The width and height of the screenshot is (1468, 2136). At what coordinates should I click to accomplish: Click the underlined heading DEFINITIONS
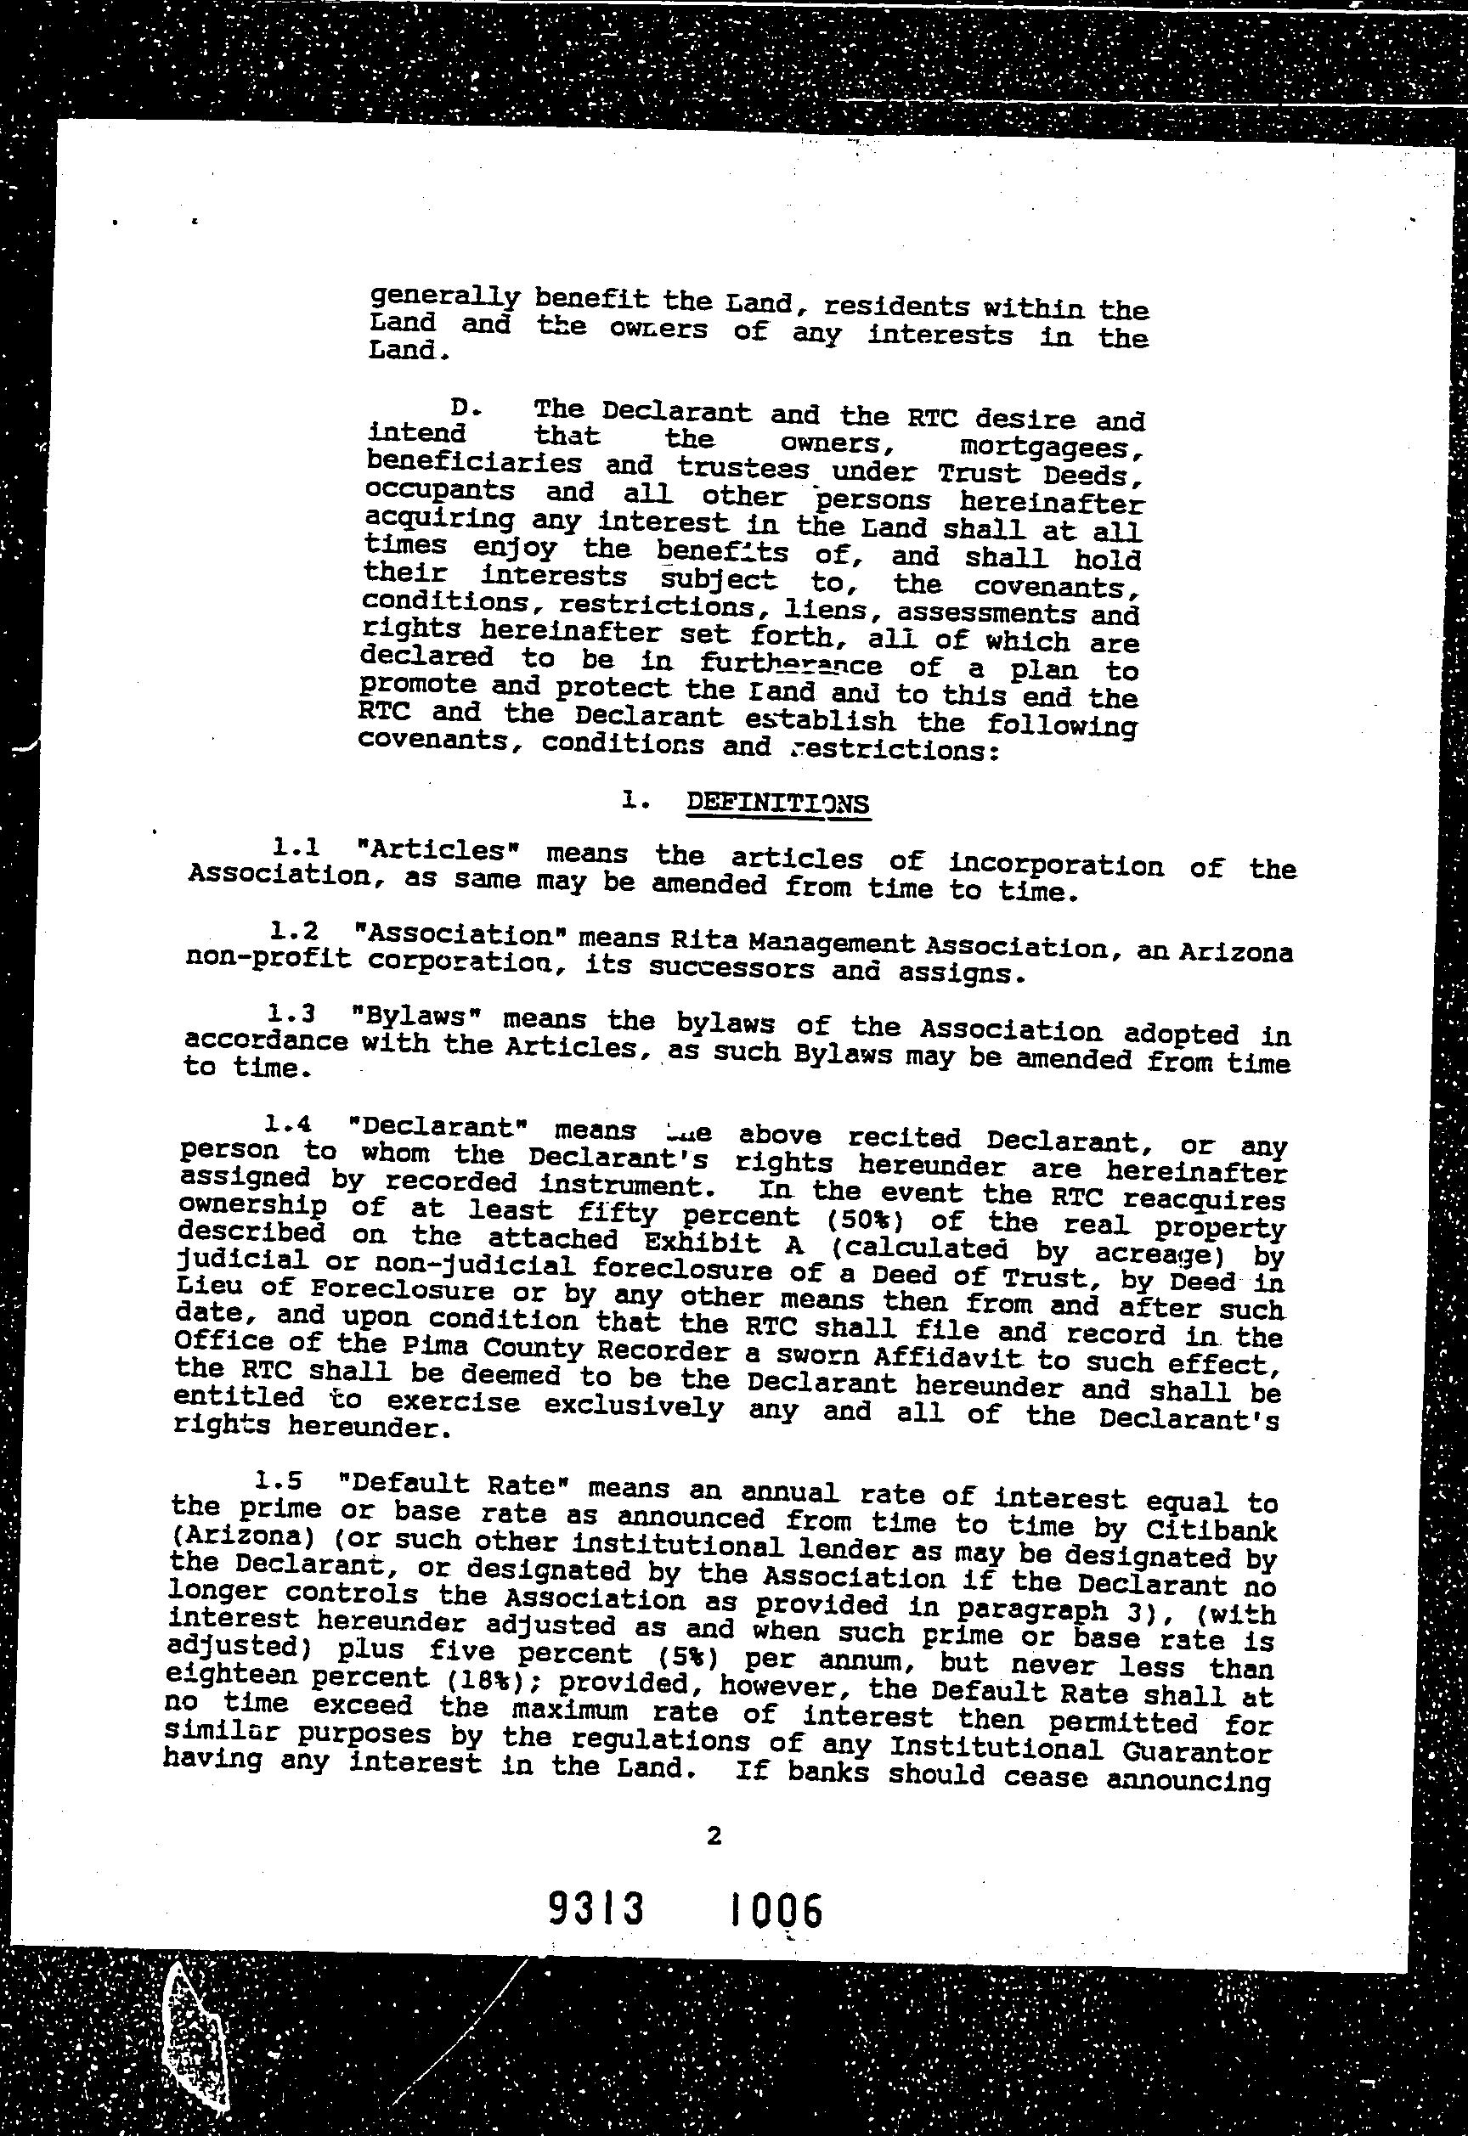(777, 803)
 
